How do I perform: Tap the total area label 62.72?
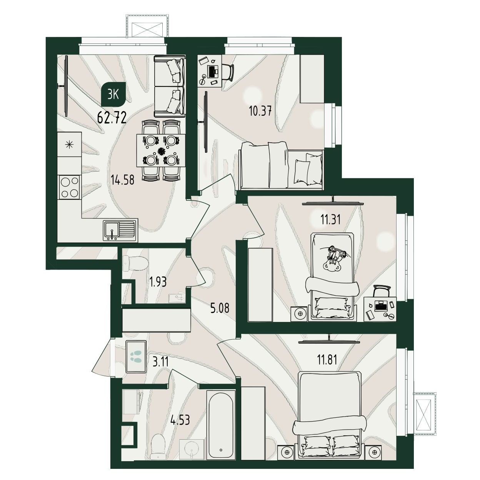click(112, 118)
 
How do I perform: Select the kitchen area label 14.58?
click(123, 180)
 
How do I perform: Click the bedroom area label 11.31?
click(327, 220)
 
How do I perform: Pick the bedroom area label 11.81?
click(326, 360)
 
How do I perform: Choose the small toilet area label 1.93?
click(158, 282)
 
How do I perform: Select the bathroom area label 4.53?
click(180, 420)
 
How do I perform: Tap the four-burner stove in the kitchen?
click(70, 187)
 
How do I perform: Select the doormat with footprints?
click(136, 357)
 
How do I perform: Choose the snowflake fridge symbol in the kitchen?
click(70, 144)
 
